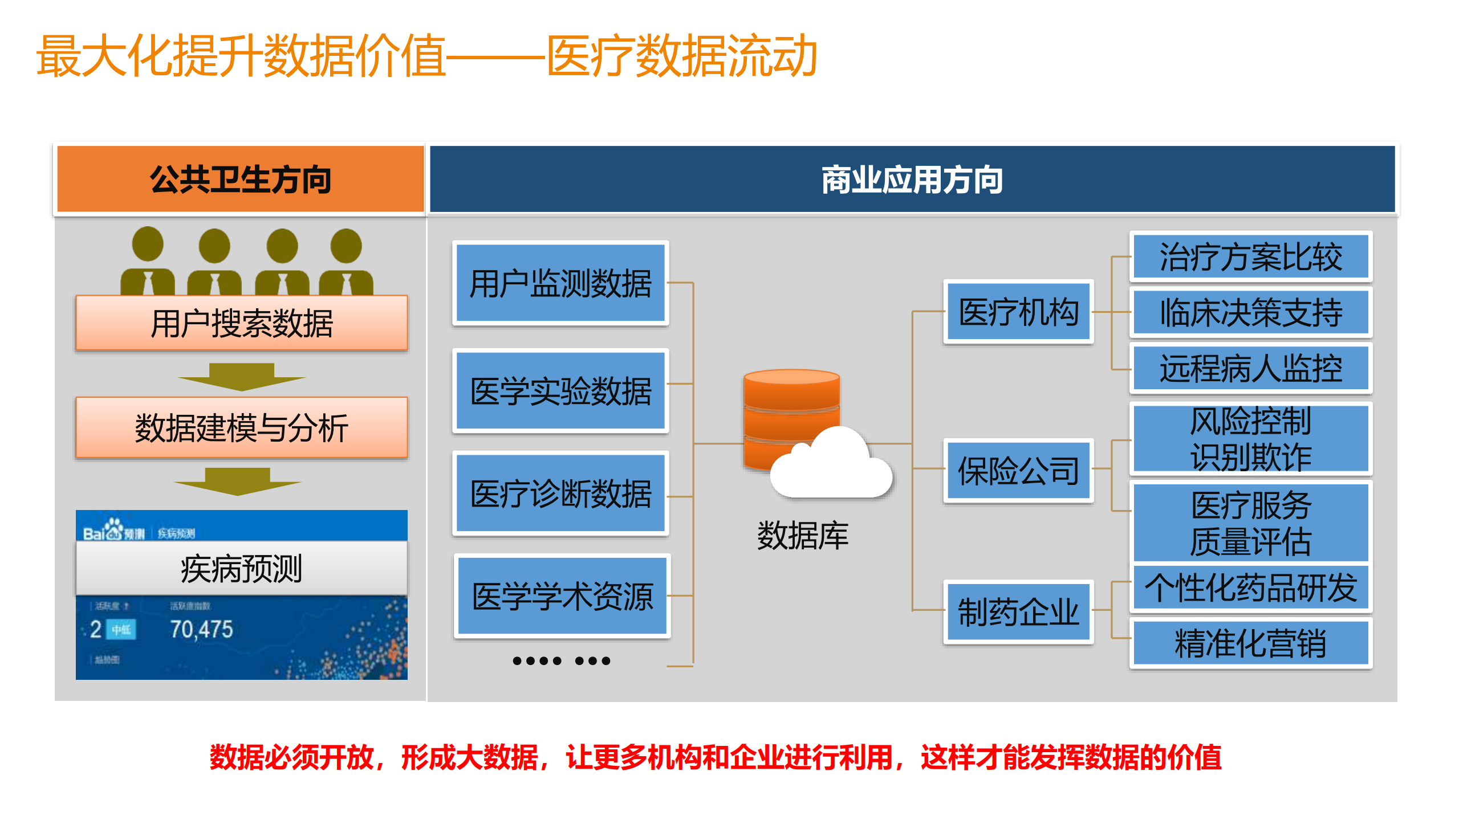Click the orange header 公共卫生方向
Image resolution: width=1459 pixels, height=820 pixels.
tap(240, 179)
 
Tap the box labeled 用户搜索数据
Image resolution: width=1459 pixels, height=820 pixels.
tap(241, 323)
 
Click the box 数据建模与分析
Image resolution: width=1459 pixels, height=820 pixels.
tap(241, 427)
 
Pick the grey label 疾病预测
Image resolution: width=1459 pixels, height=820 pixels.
tap(241, 568)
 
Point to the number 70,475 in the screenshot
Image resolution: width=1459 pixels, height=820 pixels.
tap(201, 629)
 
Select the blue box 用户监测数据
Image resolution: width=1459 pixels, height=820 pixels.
tap(560, 283)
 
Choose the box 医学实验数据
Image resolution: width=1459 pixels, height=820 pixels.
tap(560, 391)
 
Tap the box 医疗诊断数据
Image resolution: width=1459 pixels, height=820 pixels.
tap(560, 493)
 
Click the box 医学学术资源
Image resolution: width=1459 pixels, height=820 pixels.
tap(562, 596)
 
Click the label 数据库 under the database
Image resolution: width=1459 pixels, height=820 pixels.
tap(802, 536)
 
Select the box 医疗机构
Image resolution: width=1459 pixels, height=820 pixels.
tap(1018, 312)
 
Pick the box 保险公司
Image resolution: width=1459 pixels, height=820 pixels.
tap(1018, 471)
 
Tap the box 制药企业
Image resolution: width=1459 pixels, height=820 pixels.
tap(1018, 612)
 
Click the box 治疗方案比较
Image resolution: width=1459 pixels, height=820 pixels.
tap(1250, 256)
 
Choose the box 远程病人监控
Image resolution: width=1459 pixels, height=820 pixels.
tap(1250, 368)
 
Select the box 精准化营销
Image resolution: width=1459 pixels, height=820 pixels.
tap(1250, 643)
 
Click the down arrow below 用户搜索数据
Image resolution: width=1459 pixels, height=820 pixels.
tap(241, 377)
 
